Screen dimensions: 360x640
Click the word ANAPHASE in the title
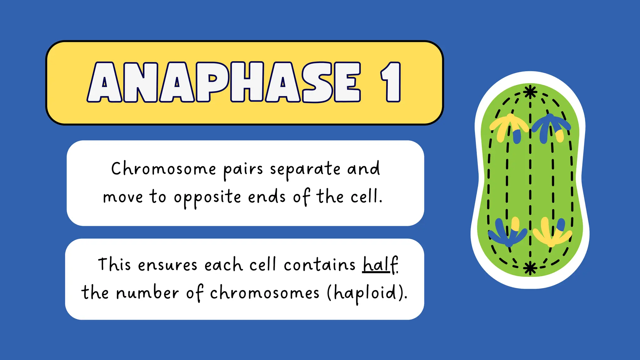224,82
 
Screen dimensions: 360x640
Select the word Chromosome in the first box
163,169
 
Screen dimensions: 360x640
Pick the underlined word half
380,265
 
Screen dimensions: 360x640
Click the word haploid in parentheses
365,293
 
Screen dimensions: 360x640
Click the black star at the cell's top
530,92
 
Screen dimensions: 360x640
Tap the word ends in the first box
267,197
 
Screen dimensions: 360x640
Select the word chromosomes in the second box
264,293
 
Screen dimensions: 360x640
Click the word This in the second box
114,264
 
